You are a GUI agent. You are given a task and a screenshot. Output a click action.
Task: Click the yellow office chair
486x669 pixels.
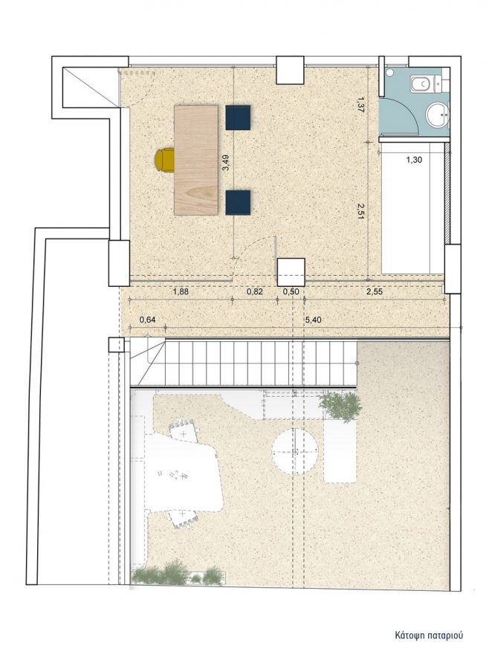164,160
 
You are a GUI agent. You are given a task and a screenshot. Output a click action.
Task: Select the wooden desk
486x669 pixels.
196,160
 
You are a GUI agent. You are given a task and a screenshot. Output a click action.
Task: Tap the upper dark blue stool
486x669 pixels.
238,117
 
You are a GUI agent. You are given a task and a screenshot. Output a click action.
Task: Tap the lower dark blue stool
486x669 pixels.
238,202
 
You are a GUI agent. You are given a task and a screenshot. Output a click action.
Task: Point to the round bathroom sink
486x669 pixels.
438,114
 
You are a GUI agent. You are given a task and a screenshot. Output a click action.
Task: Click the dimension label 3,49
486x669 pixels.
226,163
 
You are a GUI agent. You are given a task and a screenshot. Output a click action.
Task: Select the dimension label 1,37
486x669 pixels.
360,105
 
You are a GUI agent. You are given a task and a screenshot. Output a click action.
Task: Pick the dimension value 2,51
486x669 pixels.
360,211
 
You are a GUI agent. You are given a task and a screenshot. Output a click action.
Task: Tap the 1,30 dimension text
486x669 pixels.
413,160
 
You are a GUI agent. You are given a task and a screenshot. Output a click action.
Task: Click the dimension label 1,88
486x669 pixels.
180,292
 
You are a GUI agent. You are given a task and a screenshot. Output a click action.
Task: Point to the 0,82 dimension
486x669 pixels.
255,292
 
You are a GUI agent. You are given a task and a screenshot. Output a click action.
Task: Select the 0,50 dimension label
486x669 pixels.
291,292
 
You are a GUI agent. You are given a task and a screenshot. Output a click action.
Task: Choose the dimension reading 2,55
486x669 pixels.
375,292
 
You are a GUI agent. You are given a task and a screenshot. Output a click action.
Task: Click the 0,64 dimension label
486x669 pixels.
148,320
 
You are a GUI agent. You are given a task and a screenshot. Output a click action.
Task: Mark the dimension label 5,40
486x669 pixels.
313,320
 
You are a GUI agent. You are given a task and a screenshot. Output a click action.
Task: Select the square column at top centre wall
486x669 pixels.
290,70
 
